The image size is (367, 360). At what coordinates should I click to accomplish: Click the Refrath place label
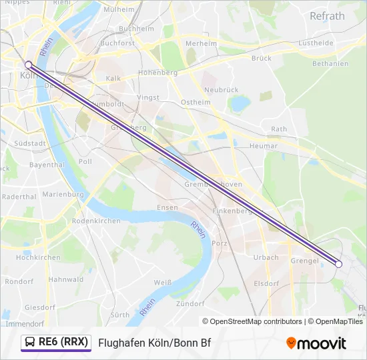point(327,16)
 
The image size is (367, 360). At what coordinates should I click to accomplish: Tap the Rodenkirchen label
point(96,221)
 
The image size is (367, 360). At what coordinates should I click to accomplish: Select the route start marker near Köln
point(28,65)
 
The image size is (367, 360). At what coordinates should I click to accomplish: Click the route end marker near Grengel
point(338,265)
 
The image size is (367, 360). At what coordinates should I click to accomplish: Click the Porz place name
point(219,243)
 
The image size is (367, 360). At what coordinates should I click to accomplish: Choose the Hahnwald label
point(65,279)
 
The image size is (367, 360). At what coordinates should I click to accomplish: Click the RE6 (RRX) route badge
point(56,342)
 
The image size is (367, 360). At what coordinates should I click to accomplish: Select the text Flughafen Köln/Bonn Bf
point(155,343)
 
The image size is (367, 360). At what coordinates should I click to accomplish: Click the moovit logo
point(316,343)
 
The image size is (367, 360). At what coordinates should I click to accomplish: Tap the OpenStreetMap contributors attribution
point(252,321)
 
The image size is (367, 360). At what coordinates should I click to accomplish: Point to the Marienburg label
point(63,195)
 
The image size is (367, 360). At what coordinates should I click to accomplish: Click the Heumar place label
point(263,145)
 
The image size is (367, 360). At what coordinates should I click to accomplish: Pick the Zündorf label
point(190,303)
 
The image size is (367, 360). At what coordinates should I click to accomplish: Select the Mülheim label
point(119,10)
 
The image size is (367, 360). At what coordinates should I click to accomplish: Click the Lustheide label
point(316,43)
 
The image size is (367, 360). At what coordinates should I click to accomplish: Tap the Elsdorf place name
point(266,283)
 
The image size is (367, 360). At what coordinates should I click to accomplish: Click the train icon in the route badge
point(31,343)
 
